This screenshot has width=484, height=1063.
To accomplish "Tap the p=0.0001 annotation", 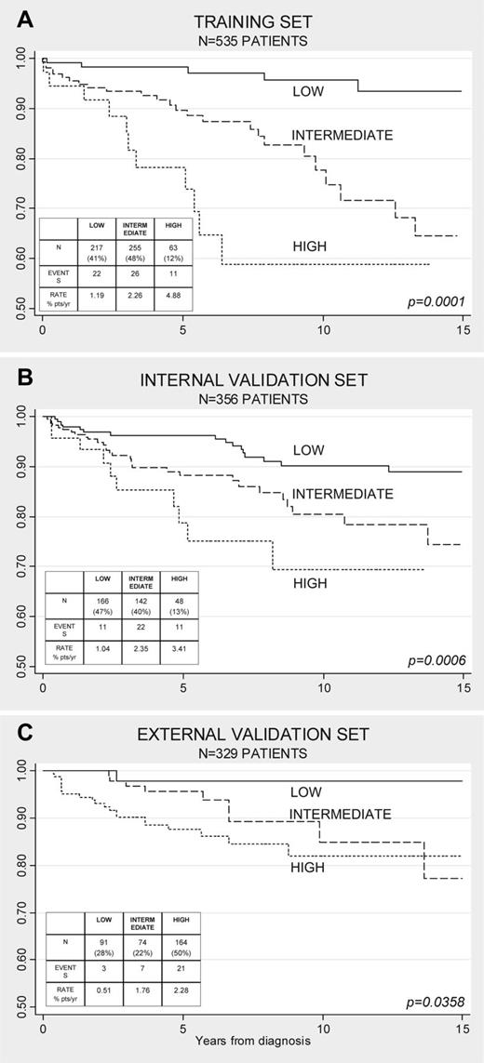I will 437,300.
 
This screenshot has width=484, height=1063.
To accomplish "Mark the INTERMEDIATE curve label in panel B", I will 342,494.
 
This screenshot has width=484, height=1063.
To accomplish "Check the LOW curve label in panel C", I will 305,792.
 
